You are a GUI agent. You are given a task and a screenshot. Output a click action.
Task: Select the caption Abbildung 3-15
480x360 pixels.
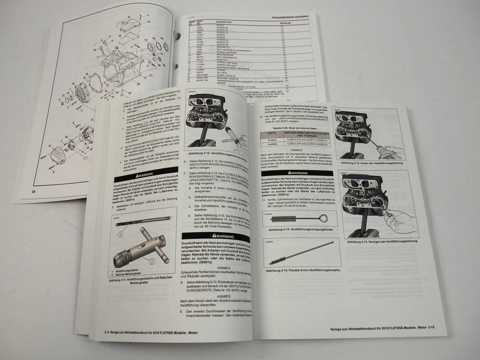372,163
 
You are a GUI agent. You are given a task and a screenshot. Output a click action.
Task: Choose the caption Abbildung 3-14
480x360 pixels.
303,270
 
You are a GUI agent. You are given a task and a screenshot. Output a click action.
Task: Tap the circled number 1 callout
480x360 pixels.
120,234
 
